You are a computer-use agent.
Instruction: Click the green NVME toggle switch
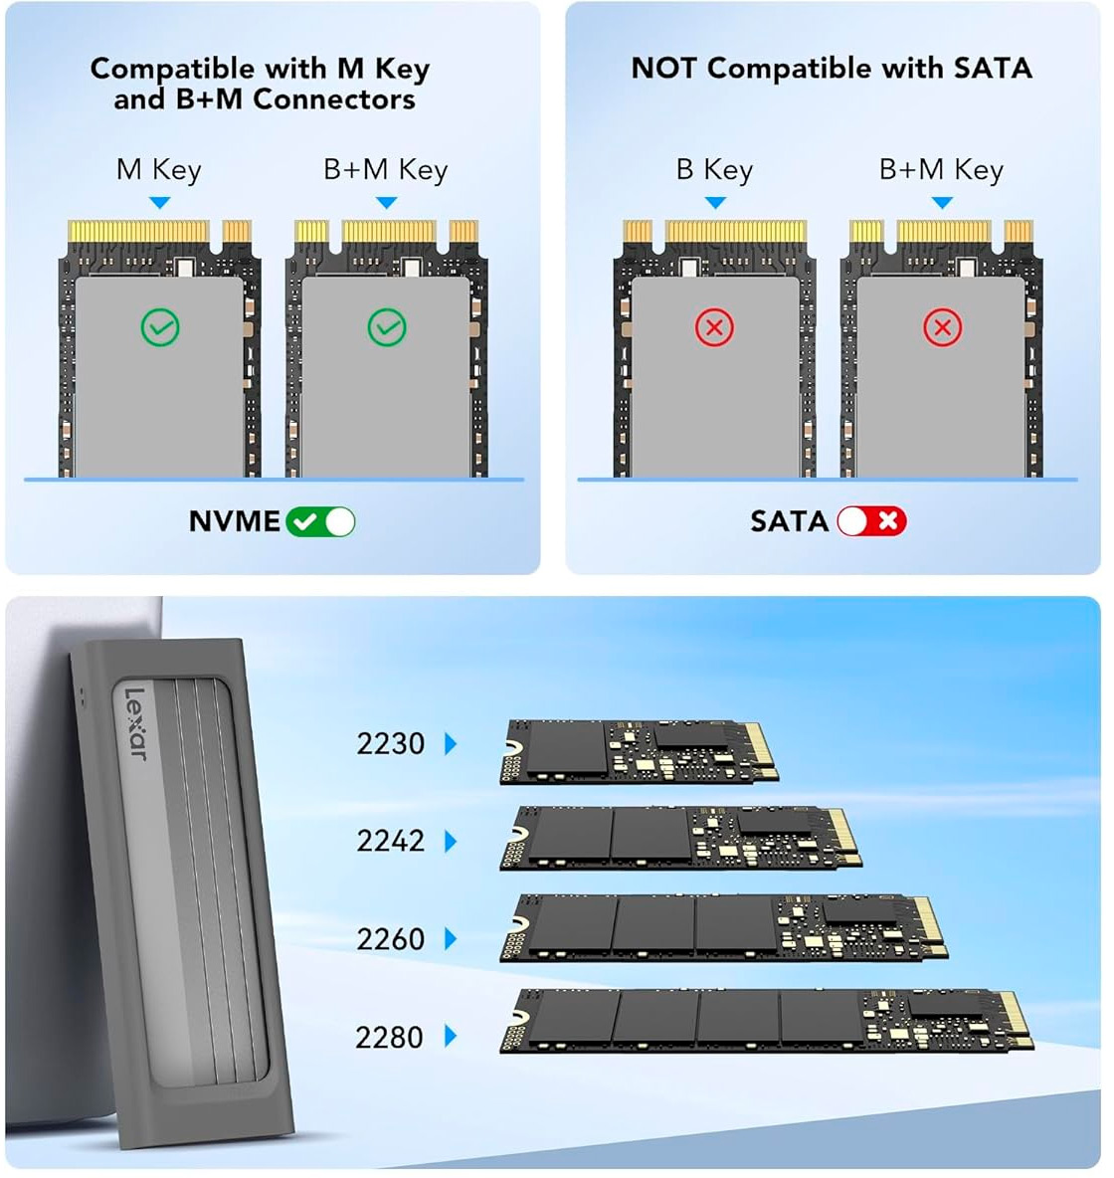coord(320,522)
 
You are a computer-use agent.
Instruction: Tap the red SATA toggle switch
coord(872,521)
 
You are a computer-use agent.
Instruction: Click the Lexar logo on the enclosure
coord(136,723)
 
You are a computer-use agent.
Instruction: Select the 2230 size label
coord(391,744)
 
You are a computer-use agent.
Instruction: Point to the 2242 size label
coord(391,842)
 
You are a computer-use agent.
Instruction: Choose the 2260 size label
coord(391,939)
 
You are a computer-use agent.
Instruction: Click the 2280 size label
coord(390,1038)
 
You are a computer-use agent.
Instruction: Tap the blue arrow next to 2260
coord(451,939)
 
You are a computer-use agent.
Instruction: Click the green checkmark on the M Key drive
coord(160,327)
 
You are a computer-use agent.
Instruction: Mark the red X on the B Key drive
coord(714,327)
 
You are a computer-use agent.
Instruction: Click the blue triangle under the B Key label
coord(715,203)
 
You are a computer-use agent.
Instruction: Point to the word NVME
coord(235,521)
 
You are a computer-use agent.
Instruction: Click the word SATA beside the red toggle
coord(790,521)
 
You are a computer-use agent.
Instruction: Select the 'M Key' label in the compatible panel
coord(159,170)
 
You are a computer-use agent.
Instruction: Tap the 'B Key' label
coord(714,170)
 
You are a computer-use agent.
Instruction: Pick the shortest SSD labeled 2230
coord(640,751)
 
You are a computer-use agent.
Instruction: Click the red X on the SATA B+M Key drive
coord(942,327)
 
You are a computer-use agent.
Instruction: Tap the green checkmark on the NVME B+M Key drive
coord(387,327)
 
